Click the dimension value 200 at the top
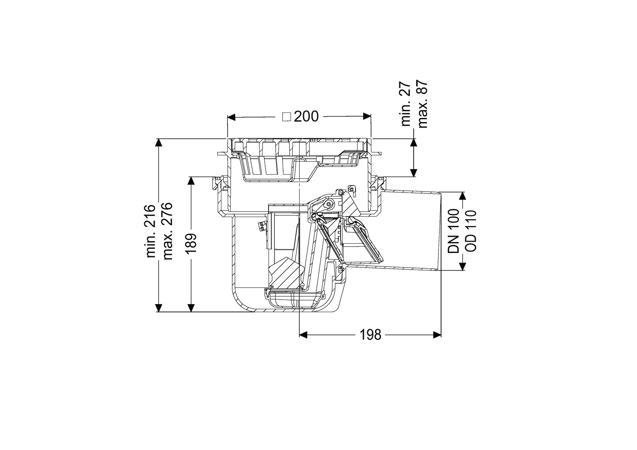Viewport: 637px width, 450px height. pos(306,117)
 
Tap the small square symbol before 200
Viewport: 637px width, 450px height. pos(287,117)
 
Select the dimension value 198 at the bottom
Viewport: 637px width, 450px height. pos(371,335)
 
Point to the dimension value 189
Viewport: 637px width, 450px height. pos(191,244)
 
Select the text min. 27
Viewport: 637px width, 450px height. pos(406,104)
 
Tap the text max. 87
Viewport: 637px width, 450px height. pos(423,104)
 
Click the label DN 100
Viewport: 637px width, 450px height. pos(453,231)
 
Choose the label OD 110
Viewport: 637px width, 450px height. pos(470,231)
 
